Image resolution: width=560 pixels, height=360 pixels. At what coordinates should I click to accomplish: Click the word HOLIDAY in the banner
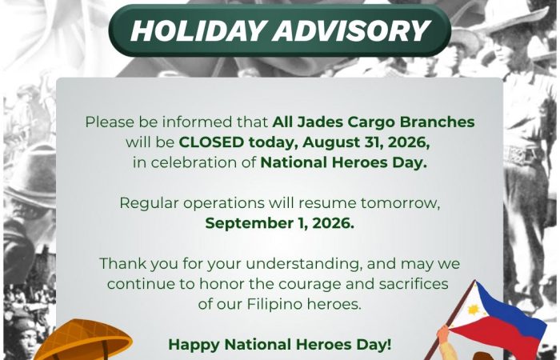click(x=198, y=30)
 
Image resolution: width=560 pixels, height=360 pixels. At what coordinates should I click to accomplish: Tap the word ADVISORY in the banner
click(x=352, y=30)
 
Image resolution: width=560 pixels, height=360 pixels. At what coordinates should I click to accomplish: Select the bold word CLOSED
click(x=211, y=142)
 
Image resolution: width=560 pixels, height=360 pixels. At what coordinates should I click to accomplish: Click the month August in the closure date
click(x=329, y=143)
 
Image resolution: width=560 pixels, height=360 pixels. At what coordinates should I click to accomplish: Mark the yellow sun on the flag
click(x=473, y=310)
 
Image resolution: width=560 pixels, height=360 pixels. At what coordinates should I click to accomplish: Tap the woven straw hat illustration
click(x=83, y=340)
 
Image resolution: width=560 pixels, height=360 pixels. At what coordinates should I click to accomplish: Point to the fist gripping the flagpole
click(x=443, y=334)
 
